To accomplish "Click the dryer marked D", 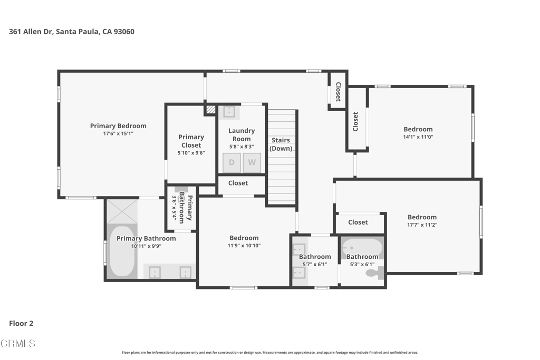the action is click(x=232, y=162).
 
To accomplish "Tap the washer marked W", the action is click(x=252, y=162).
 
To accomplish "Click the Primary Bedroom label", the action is click(x=118, y=126).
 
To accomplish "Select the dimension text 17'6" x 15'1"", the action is click(x=118, y=133).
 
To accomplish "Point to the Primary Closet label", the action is click(x=191, y=141).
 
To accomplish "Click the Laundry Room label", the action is click(x=242, y=134).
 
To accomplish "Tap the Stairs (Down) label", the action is click(x=281, y=144).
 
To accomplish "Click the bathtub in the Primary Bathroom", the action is click(x=122, y=250).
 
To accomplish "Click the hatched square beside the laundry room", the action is click(x=211, y=110).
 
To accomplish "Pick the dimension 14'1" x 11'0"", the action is click(x=418, y=137).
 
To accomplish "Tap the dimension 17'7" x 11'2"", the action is click(x=422, y=225).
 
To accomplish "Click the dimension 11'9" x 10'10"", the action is click(x=244, y=246).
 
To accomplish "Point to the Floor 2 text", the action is click(x=21, y=324).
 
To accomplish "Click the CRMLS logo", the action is click(x=18, y=344).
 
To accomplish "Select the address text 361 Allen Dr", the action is click(x=30, y=32).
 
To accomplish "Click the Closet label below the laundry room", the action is click(x=238, y=183).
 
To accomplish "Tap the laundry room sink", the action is click(x=229, y=112).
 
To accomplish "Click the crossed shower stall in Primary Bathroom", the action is click(x=122, y=211).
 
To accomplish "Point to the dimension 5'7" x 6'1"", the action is click(x=315, y=264).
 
